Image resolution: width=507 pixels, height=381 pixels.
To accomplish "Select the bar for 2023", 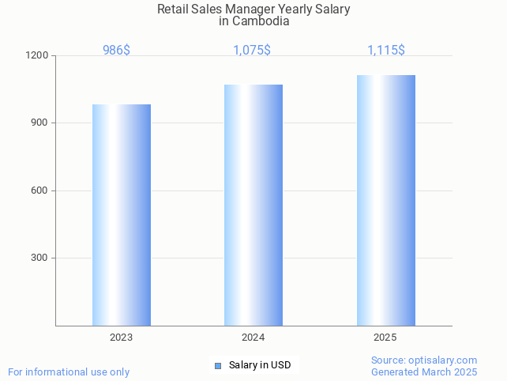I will (122, 215).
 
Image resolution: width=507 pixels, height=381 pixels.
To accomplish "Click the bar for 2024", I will (253, 205).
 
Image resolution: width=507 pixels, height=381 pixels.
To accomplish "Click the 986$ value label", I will (117, 50).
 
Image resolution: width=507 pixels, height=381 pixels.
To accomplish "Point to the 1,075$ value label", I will (252, 50).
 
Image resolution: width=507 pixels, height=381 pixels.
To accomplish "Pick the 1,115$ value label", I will (386, 50).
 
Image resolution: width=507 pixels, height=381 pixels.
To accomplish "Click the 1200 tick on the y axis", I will (37, 56).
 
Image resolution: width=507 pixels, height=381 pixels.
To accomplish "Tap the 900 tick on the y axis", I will (39, 123).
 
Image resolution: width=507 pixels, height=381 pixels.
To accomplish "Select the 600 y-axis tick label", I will (39, 190).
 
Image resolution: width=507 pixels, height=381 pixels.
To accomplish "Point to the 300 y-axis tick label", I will (39, 258).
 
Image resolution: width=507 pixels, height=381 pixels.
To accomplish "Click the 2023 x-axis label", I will (121, 338).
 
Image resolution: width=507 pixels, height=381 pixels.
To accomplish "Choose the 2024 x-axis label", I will (253, 338).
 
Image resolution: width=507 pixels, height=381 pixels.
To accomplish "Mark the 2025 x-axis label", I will (385, 338).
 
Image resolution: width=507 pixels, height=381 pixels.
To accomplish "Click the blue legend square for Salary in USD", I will (218, 365).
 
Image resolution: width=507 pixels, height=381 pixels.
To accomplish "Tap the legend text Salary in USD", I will (260, 365).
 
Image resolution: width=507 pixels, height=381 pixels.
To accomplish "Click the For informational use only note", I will (69, 372).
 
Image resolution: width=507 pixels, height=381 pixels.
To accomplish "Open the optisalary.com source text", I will (424, 360).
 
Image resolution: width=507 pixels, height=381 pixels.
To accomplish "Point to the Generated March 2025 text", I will (424, 372).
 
